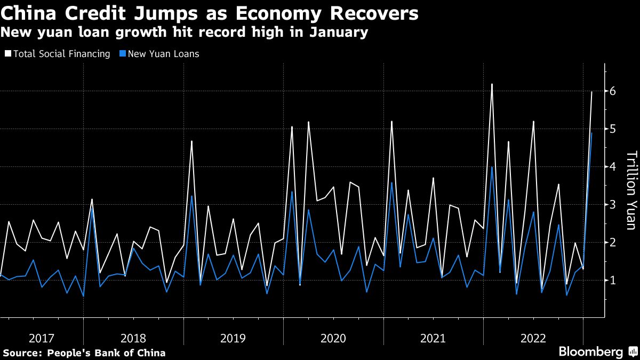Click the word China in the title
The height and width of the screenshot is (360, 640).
coord(33,13)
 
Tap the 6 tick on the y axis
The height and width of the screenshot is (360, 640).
coord(613,91)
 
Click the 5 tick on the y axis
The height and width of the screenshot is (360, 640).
coord(613,129)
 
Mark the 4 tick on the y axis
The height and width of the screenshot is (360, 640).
coord(613,167)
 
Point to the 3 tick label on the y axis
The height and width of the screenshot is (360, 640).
coord(613,205)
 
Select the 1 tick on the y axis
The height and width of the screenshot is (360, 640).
coord(613,280)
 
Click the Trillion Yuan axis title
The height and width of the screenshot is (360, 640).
coord(631,190)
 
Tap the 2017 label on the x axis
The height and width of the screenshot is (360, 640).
coord(42,338)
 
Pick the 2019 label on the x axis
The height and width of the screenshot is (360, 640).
coord(233,338)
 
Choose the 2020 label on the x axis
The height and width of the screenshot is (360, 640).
coord(333,338)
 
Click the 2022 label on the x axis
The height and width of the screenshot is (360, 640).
coord(533,338)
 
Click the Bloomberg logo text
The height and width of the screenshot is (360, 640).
coord(590,352)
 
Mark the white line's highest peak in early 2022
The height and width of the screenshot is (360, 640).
coord(492,84)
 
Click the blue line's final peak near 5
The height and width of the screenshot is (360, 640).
coord(591,133)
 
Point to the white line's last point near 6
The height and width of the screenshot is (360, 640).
coord(591,92)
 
